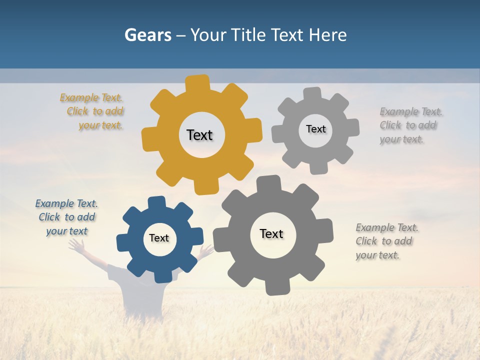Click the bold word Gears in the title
click(147, 35)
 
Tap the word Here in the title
click(327, 35)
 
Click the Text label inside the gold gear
click(199, 135)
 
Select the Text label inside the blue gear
click(159, 238)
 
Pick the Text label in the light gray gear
click(315, 129)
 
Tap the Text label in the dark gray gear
click(271, 233)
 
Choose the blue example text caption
click(67, 217)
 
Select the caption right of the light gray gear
click(410, 125)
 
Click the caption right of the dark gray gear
click(386, 241)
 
